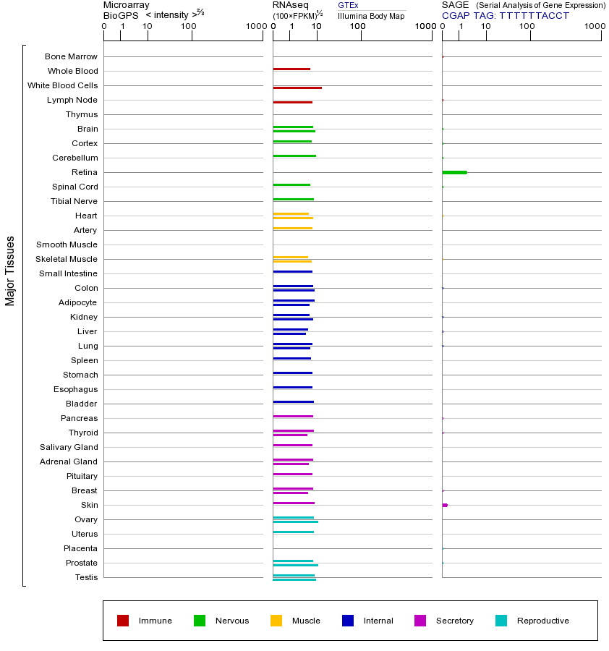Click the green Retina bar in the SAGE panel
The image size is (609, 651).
(454, 172)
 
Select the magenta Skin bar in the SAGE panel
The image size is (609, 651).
(445, 505)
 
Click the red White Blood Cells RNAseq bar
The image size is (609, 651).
(297, 88)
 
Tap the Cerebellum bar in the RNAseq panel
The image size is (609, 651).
(294, 156)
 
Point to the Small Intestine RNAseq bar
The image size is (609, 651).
(292, 271)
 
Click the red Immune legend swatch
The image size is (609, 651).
(123, 621)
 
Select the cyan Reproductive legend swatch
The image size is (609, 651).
(501, 621)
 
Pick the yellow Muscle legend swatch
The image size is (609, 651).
(276, 621)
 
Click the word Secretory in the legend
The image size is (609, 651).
(455, 621)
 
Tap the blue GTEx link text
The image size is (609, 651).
(348, 5)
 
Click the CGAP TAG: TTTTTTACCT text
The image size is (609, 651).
(506, 16)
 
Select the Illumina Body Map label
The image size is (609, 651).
(371, 16)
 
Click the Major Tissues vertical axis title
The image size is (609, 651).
(10, 271)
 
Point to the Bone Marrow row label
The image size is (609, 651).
(71, 56)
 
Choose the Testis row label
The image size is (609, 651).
(86, 577)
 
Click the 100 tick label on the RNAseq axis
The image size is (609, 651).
(358, 27)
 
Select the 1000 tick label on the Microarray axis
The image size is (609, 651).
(255, 27)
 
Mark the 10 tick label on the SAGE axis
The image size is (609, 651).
(486, 27)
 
